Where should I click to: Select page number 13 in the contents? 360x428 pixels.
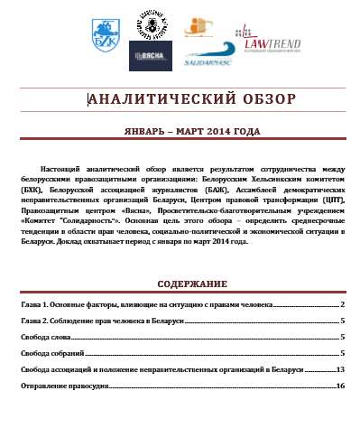(340, 370)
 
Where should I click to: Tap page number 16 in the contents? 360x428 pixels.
(340, 386)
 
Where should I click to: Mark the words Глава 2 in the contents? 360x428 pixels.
(33, 321)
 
